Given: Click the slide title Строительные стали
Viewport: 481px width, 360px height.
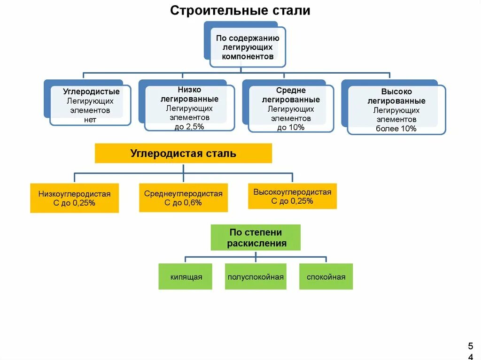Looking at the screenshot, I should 240,10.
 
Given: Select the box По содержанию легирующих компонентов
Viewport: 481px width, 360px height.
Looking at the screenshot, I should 248,47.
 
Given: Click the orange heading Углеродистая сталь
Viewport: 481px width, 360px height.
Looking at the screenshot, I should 183,153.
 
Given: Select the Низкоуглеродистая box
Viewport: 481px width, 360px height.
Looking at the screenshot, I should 74,198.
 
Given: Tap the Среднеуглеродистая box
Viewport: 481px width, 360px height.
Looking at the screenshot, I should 183,198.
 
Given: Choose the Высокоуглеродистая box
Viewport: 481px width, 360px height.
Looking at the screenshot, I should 292,196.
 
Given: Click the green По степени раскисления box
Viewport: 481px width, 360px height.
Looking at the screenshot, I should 256,237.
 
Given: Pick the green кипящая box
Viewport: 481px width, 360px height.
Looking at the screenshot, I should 186,276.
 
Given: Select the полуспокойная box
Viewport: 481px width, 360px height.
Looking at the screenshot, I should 256,276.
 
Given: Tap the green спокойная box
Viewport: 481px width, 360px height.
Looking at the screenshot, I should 326,276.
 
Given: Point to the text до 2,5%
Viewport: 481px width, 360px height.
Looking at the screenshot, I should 189,127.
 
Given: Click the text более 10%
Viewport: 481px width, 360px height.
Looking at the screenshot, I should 396,129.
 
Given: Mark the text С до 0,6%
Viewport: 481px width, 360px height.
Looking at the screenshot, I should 183,203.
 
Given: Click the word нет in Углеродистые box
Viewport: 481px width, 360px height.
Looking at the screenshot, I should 91,120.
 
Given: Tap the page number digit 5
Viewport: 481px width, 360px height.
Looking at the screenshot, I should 470,346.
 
